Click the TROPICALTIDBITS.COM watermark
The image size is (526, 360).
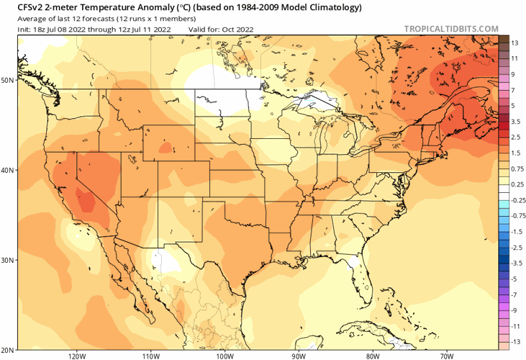pyautogui.click(x=451, y=29)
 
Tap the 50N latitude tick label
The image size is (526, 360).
pyautogui.click(x=8, y=80)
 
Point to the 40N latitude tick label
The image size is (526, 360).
pyautogui.click(x=8, y=171)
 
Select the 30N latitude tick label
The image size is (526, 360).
pyautogui.click(x=8, y=260)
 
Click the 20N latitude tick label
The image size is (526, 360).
pyautogui.click(x=8, y=349)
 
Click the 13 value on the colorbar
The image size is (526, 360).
pyautogui.click(x=514, y=43)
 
